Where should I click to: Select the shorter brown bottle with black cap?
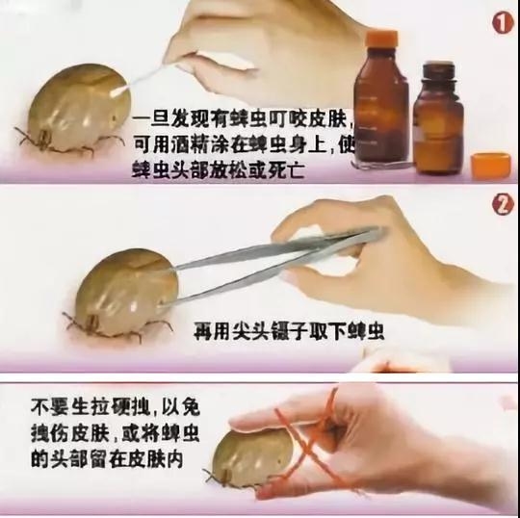click(x=438, y=120)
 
